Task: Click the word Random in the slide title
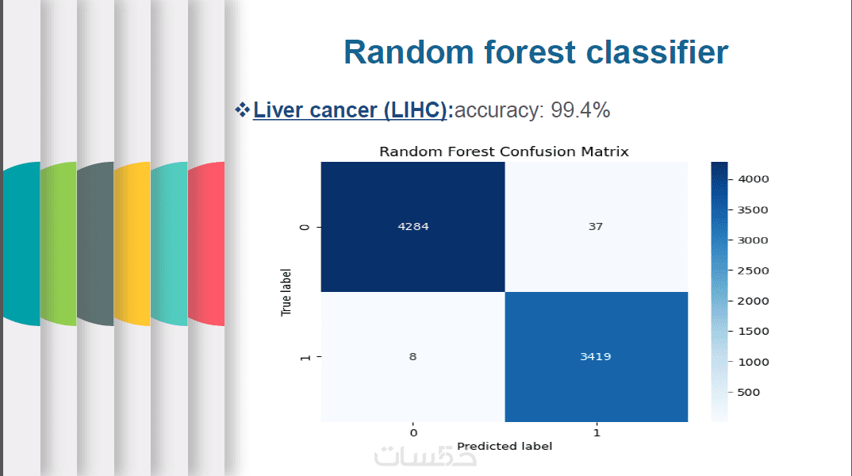(x=409, y=52)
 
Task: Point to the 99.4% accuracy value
(x=581, y=109)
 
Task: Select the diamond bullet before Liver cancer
(x=242, y=109)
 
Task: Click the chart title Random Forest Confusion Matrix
(x=504, y=152)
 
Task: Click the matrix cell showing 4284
(x=413, y=227)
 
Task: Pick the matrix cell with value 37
(x=596, y=227)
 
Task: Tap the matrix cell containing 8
(x=413, y=356)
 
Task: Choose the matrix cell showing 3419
(x=596, y=356)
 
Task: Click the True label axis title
(x=286, y=292)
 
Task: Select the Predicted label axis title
(x=505, y=446)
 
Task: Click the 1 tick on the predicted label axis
(x=597, y=433)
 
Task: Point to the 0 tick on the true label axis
(x=305, y=227)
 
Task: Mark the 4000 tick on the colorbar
(x=753, y=178)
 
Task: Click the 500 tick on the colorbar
(x=748, y=393)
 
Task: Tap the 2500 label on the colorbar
(x=753, y=271)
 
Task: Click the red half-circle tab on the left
(x=206, y=244)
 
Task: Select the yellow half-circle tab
(x=132, y=244)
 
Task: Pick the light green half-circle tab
(x=59, y=244)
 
